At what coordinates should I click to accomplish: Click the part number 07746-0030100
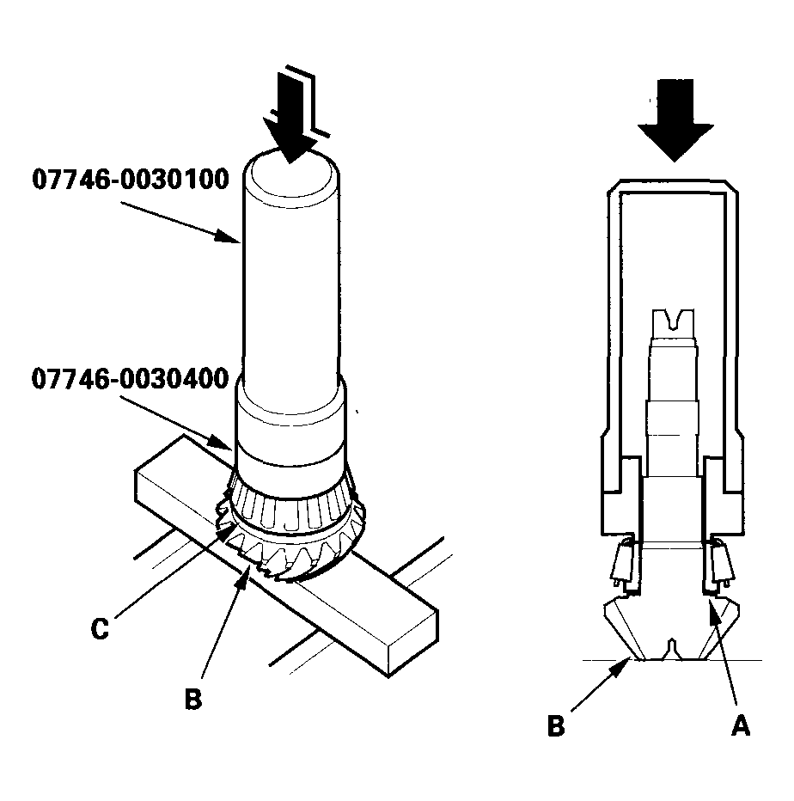point(130,180)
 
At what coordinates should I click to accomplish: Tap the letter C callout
point(101,628)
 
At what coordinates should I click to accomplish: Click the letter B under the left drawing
point(194,700)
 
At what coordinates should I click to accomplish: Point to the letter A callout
point(740,726)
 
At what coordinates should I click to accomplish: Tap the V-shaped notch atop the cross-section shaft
point(673,321)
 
